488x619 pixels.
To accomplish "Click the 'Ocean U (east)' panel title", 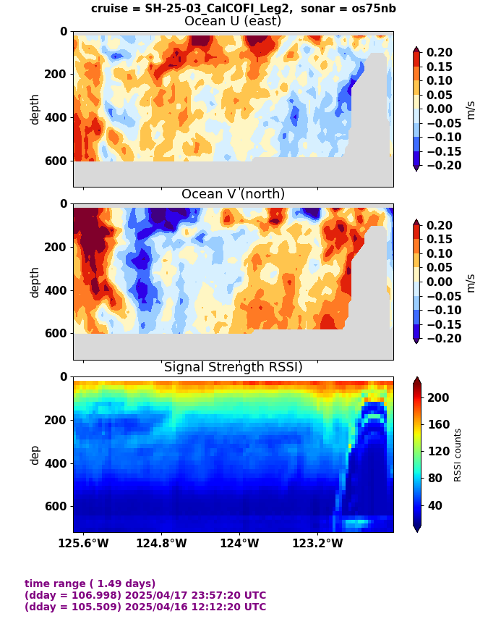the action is click(233, 21).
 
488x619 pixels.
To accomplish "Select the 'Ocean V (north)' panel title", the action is click(233, 194).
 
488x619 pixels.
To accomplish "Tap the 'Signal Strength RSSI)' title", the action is click(234, 367).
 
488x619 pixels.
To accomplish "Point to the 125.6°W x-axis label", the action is click(83, 544).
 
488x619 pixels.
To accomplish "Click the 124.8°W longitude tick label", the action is click(161, 544).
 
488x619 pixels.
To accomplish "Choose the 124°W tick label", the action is click(239, 544).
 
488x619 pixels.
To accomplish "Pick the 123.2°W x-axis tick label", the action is click(317, 544).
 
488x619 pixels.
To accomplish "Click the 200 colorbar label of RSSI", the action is click(438, 397).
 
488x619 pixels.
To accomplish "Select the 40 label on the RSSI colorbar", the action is click(435, 505).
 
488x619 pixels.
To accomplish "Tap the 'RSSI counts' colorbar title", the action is click(457, 455).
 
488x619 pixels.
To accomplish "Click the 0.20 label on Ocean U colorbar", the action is click(440, 53).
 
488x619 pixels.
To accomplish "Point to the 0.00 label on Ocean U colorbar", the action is click(440, 109).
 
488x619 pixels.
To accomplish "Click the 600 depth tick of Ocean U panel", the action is click(57, 161).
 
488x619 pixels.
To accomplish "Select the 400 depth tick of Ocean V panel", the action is click(57, 290).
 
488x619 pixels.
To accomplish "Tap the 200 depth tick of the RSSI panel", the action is click(57, 420).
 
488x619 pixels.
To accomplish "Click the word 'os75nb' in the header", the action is click(373, 8).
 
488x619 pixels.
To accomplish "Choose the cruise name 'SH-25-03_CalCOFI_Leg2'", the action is click(218, 8).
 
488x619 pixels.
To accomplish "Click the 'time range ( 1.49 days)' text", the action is click(90, 584).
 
